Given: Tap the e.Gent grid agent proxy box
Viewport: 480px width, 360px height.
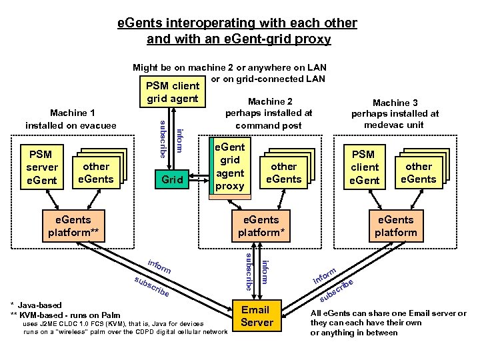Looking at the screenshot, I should (229, 167).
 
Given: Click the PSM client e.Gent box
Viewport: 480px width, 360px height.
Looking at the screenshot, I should (364, 167).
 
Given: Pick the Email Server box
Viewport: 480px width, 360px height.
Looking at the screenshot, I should (257, 316).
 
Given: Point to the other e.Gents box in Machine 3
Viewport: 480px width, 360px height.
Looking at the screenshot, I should (419, 173).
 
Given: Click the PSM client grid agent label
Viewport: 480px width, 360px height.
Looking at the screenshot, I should (172, 93).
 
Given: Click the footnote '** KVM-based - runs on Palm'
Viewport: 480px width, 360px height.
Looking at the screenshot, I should (66, 315).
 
